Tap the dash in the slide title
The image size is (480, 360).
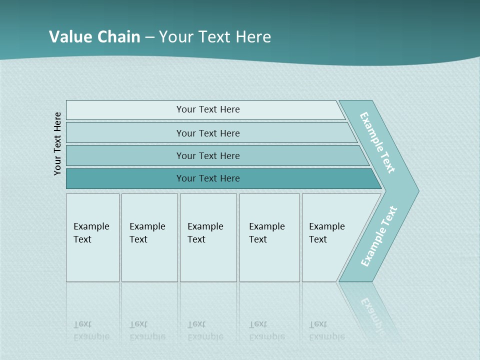pyautogui.click(x=149, y=37)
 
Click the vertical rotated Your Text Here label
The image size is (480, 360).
pyautogui.click(x=57, y=143)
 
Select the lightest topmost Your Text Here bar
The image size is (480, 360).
pyautogui.click(x=208, y=109)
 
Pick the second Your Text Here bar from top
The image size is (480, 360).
pyautogui.click(x=208, y=133)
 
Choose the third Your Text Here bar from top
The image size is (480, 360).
pyautogui.click(x=208, y=155)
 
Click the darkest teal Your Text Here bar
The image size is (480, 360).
pyautogui.click(x=208, y=178)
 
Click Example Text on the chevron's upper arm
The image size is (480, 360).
pyautogui.click(x=377, y=142)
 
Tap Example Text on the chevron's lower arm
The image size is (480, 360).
pyautogui.click(x=379, y=236)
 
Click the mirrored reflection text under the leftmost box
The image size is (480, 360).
pyautogui.click(x=91, y=330)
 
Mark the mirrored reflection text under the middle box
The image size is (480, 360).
pyautogui.click(x=205, y=330)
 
